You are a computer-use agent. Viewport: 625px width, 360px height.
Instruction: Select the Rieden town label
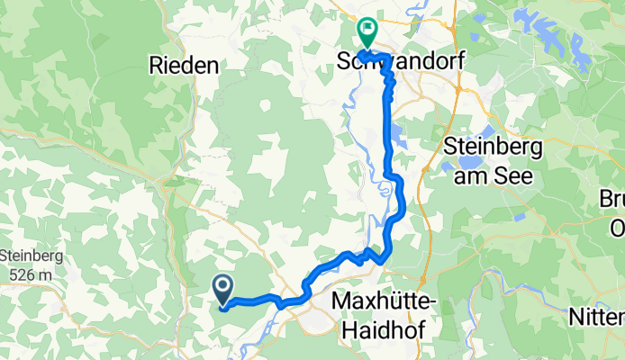click(184, 65)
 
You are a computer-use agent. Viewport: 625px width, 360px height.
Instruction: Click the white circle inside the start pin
click(223, 286)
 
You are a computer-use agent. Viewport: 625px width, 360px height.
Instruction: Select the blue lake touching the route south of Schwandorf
click(397, 140)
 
